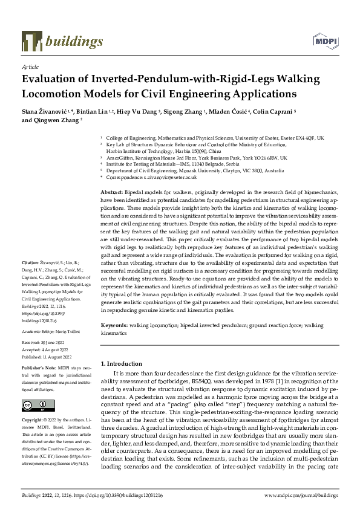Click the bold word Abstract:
click(113, 191)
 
